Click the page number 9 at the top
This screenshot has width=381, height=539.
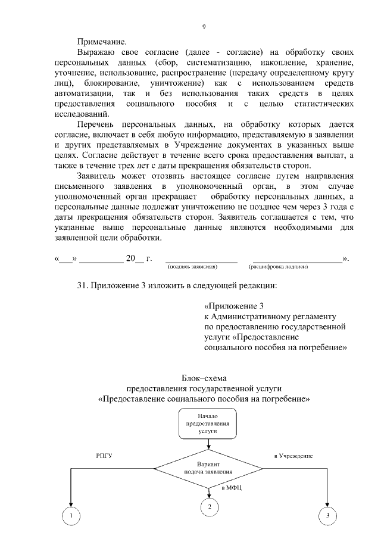(x=204, y=27)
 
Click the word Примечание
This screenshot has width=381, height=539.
(x=102, y=42)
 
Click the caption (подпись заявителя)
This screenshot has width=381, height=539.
(x=193, y=267)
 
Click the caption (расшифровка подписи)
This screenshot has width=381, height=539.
(x=278, y=267)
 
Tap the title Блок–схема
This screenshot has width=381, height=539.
(x=204, y=378)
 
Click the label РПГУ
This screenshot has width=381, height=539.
(x=104, y=456)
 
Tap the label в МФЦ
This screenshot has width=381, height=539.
(x=231, y=488)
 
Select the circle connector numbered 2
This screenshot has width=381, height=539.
(x=209, y=507)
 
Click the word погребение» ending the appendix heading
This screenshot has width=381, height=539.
(x=320, y=347)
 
